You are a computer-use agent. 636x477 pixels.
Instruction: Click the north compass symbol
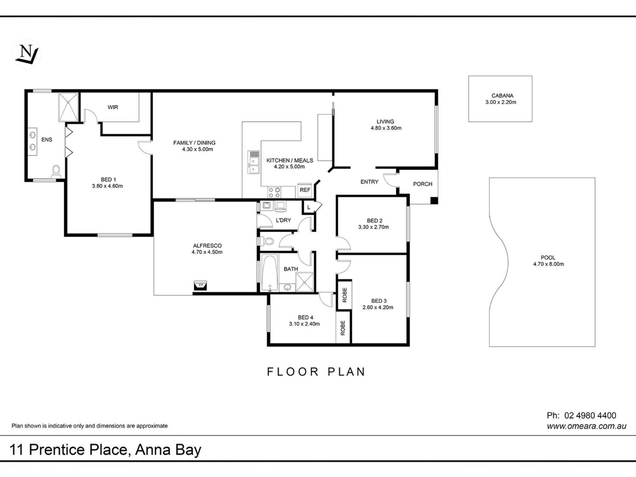27,54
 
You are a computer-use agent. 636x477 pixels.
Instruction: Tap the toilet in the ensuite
56,172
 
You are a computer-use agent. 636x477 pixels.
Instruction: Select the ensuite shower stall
68,107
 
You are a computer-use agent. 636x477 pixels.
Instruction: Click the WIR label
113,107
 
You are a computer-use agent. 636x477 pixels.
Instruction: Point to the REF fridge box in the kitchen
305,190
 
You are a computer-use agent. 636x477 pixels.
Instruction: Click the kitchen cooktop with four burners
274,192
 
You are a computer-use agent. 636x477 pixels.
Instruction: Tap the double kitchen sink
254,162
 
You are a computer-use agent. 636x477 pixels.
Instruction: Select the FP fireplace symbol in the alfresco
200,285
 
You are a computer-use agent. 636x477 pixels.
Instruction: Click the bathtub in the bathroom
270,273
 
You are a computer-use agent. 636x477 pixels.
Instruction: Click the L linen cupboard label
308,207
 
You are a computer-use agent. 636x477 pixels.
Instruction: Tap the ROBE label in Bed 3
345,295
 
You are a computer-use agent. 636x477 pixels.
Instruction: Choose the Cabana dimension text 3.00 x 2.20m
501,102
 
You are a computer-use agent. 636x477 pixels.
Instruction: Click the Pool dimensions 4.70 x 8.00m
548,264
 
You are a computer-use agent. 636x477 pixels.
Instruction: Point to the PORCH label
422,184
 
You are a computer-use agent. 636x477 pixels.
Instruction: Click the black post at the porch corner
434,201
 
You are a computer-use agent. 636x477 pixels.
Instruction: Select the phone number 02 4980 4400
590,416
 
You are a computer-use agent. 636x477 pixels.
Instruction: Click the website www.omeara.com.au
586,426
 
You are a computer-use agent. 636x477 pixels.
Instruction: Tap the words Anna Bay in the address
168,450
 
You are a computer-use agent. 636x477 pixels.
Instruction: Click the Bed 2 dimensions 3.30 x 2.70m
373,227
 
